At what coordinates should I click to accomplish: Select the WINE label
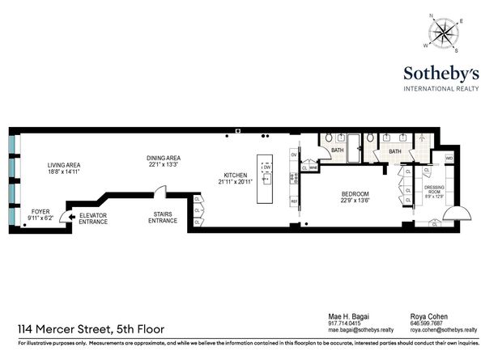point(313,168)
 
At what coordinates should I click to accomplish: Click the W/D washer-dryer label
point(448,158)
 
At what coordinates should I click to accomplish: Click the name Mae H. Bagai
point(346,316)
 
